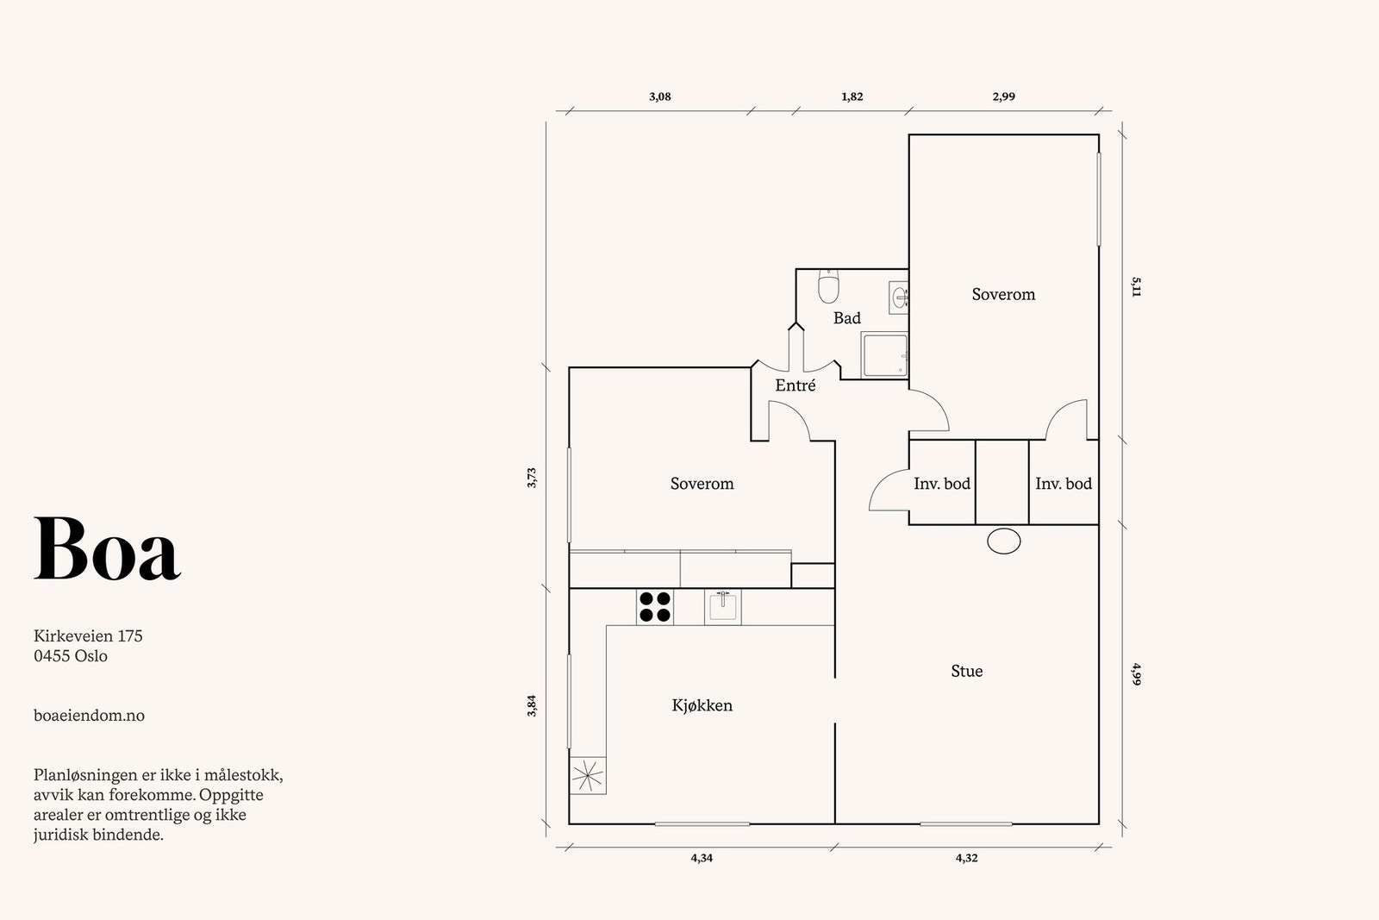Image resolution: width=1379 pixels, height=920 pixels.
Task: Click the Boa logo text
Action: pos(107,549)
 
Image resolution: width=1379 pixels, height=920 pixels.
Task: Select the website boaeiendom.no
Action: pos(89,715)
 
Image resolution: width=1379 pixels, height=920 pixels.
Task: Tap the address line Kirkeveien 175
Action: pos(88,636)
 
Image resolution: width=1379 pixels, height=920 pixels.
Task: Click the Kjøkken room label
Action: pos(702,705)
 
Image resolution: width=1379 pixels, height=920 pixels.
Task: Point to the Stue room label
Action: pos(966,671)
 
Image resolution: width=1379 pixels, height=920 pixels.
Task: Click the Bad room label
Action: pos(846,318)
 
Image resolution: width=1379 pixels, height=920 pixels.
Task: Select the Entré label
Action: pos(795,385)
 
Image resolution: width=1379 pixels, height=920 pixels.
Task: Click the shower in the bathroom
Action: pos(884,354)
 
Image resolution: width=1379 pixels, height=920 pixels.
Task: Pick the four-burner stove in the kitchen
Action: pos(655,606)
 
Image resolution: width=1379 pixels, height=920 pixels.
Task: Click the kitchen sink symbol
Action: pos(722,607)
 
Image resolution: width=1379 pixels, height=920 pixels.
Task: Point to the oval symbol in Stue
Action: pos(1003,541)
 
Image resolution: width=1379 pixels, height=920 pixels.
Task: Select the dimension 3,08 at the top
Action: pos(659,97)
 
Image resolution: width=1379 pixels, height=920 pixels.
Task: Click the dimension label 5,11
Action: pos(1136,287)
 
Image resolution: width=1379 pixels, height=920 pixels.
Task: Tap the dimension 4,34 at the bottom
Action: pos(702,858)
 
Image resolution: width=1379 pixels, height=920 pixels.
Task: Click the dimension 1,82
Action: pos(852,97)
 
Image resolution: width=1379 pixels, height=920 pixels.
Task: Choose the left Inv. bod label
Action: pos(941,484)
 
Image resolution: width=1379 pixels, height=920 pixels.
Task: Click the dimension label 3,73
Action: pos(532,478)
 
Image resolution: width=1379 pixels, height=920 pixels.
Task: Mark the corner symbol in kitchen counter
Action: pos(588,775)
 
